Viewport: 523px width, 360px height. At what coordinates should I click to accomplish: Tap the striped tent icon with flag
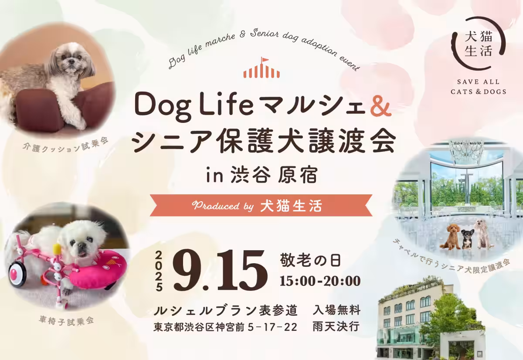(x=261, y=68)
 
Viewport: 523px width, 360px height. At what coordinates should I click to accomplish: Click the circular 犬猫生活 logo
(x=479, y=43)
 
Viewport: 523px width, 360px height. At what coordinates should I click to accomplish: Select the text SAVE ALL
(x=478, y=82)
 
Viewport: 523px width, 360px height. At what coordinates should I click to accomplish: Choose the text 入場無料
(x=336, y=310)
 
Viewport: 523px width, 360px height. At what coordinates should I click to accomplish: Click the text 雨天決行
(x=336, y=326)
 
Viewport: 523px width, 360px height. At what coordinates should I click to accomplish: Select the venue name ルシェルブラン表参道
(x=226, y=310)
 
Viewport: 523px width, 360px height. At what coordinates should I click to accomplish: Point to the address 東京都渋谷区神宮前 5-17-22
(x=225, y=327)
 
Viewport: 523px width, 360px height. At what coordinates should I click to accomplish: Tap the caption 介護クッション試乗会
(x=66, y=146)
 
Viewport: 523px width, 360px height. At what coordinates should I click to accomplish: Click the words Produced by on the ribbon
(x=223, y=206)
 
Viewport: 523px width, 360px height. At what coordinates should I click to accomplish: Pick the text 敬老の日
(x=310, y=261)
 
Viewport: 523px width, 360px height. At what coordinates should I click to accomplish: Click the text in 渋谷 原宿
(x=262, y=176)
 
